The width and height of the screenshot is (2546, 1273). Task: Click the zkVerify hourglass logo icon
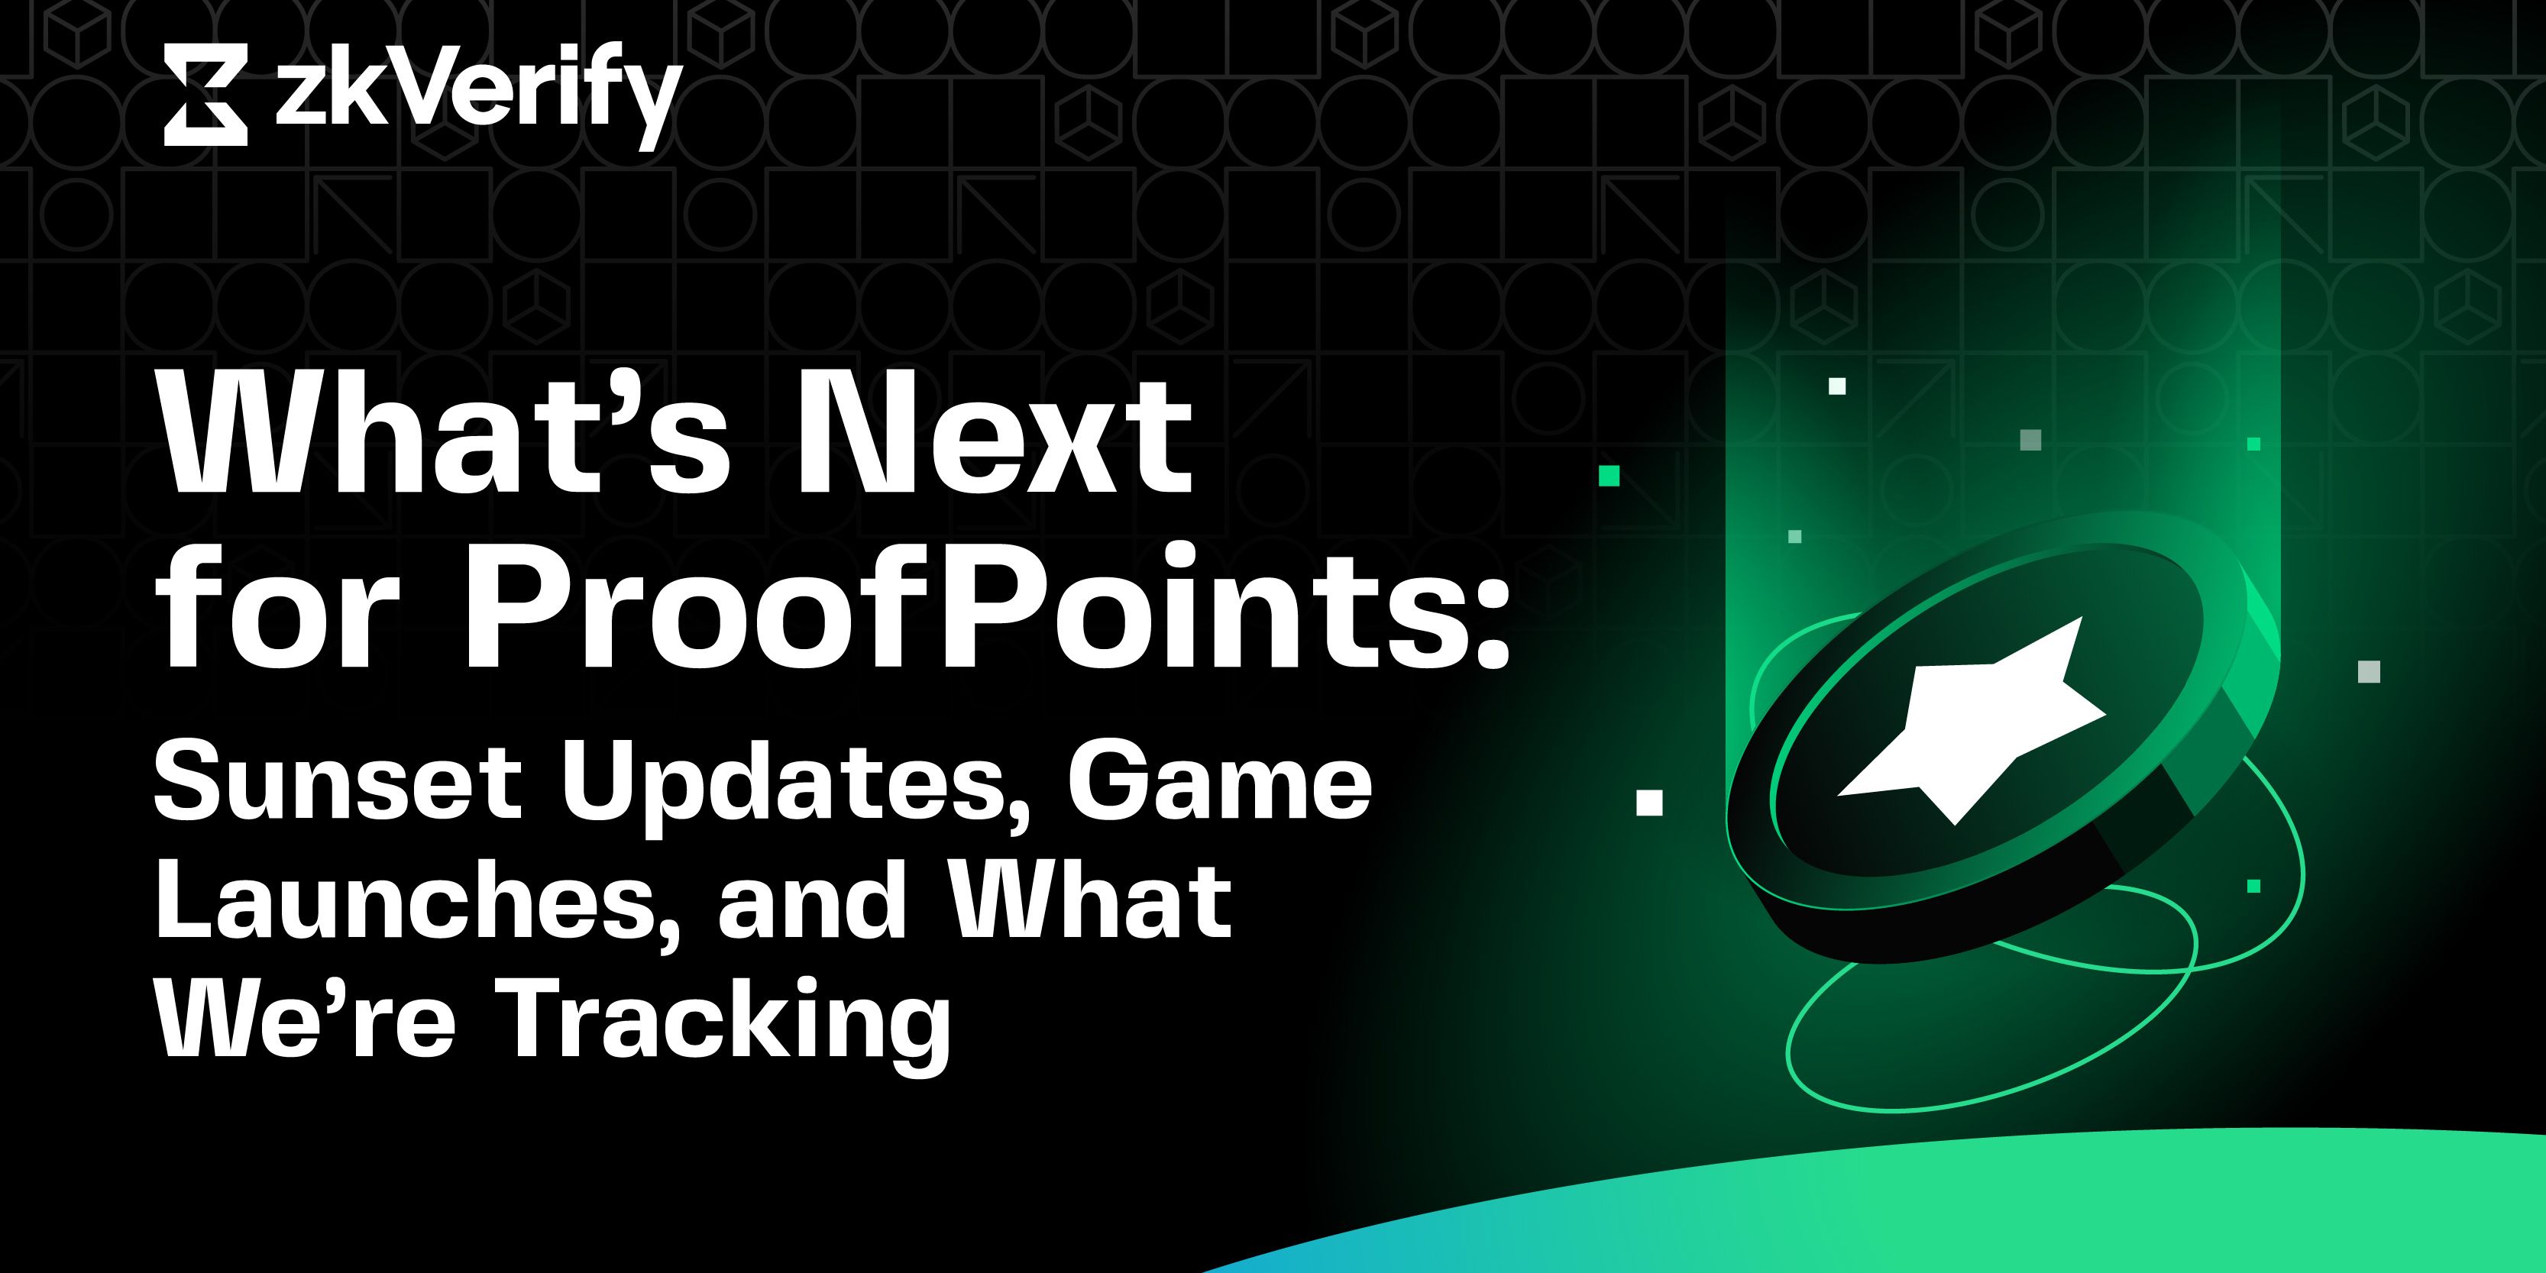[x=205, y=95]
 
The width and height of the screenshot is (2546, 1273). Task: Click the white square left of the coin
[x=1649, y=802]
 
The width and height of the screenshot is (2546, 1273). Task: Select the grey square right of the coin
[x=2369, y=672]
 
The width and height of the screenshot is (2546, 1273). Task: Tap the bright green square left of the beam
[x=1609, y=477]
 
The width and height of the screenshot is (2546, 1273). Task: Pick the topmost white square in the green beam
[x=1837, y=386]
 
